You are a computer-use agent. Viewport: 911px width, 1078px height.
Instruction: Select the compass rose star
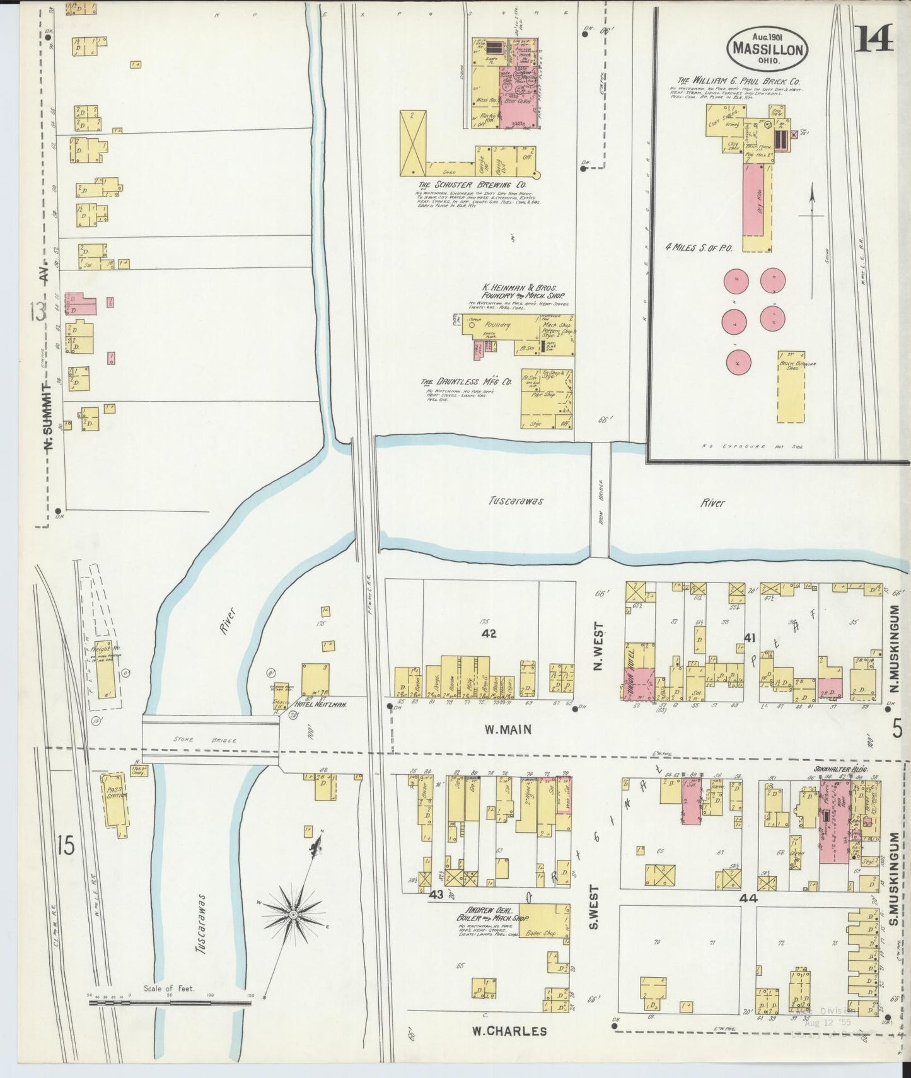(294, 913)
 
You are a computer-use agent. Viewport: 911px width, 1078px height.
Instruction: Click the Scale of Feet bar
(170, 1001)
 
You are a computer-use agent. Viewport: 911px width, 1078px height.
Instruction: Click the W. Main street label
(508, 729)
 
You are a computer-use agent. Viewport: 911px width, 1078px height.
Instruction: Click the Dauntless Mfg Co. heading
(465, 382)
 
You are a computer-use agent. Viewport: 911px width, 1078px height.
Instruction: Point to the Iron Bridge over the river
(600, 500)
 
